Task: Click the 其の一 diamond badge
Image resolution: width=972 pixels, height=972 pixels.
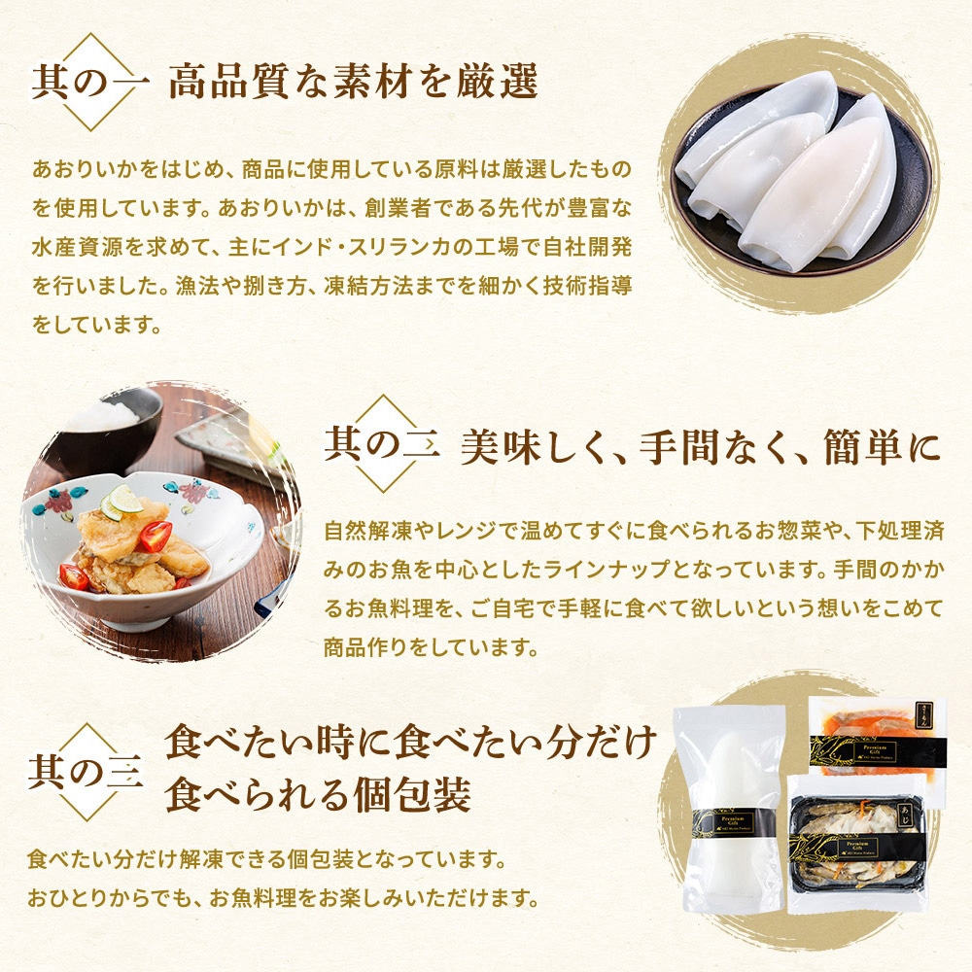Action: pyautogui.click(x=90, y=82)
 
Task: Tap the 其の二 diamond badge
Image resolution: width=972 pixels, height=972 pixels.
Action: pyautogui.click(x=383, y=444)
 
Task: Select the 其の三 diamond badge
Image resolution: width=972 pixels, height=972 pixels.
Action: pyautogui.click(x=87, y=773)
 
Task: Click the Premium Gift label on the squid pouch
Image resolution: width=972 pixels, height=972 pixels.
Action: pyautogui.click(x=735, y=822)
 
